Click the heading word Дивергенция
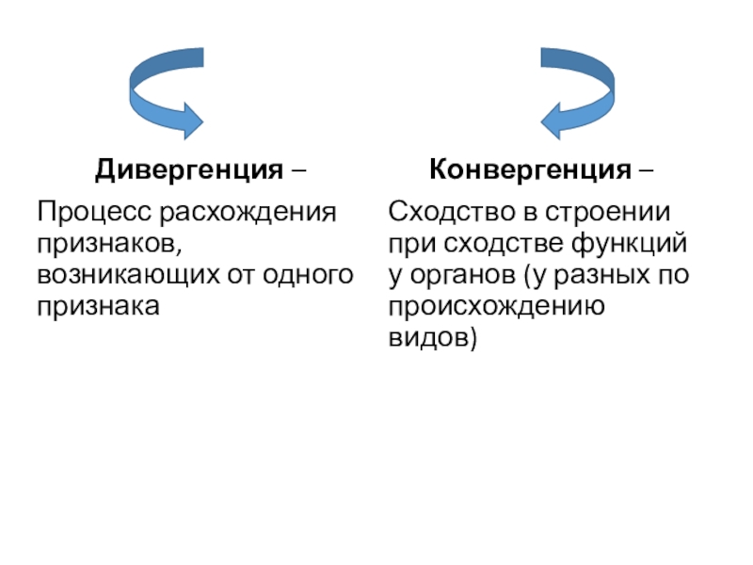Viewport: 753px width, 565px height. (x=188, y=171)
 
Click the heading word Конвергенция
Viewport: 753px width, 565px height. (x=530, y=171)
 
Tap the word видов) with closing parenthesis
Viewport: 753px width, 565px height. (x=433, y=338)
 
